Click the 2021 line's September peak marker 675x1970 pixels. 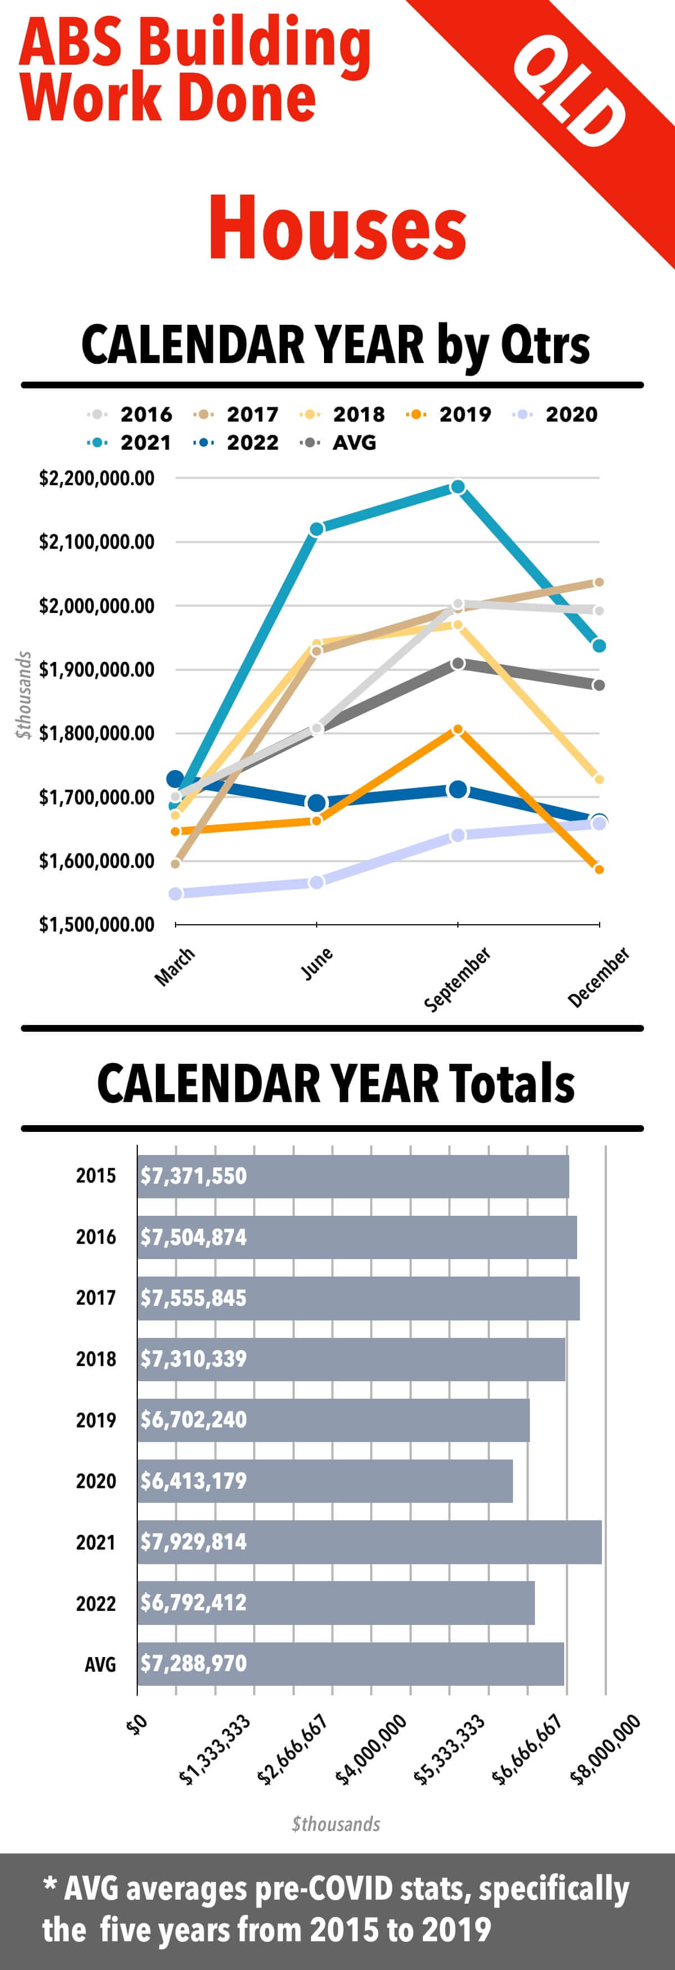point(458,487)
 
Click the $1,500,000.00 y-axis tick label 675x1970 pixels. point(96,925)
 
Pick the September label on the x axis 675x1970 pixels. point(457,979)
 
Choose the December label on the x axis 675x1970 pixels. point(598,977)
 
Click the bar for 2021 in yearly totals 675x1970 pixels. point(369,1542)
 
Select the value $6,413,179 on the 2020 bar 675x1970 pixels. point(193,1480)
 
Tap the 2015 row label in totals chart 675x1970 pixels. point(96,1175)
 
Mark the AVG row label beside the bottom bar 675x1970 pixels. point(100,1664)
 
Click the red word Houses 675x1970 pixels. point(337,227)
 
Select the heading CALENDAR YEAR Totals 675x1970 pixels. point(336,1083)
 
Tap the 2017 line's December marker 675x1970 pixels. point(599,583)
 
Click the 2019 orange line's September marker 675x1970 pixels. point(458,729)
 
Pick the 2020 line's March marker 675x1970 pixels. point(175,894)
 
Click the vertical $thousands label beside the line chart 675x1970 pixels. point(24,695)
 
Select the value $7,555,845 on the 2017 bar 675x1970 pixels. point(193,1298)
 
